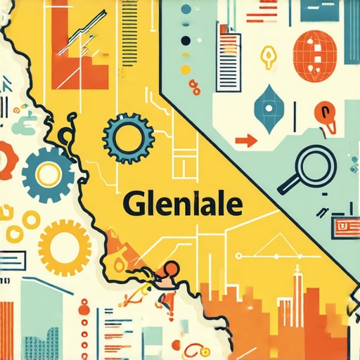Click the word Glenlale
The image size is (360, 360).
183,205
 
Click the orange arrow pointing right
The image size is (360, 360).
245,141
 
